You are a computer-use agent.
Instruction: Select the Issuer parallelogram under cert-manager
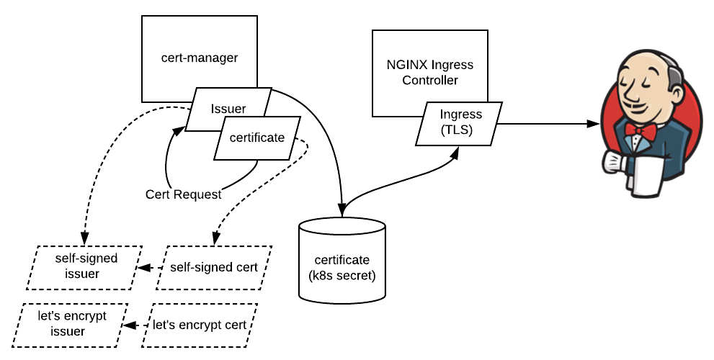[228, 109]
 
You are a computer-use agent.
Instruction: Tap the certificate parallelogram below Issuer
[257, 138]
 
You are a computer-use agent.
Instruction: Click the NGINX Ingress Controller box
[430, 72]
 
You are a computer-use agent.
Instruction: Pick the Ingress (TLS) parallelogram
[460, 122]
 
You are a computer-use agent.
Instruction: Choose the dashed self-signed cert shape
[214, 267]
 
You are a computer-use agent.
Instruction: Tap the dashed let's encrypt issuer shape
[73, 324]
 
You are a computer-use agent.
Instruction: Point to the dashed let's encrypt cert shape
[199, 325]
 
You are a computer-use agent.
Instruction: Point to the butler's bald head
[648, 65]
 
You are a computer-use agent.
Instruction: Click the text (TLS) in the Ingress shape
[460, 130]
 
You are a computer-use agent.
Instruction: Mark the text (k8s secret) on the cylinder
[342, 275]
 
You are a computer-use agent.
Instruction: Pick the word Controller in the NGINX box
[430, 80]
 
